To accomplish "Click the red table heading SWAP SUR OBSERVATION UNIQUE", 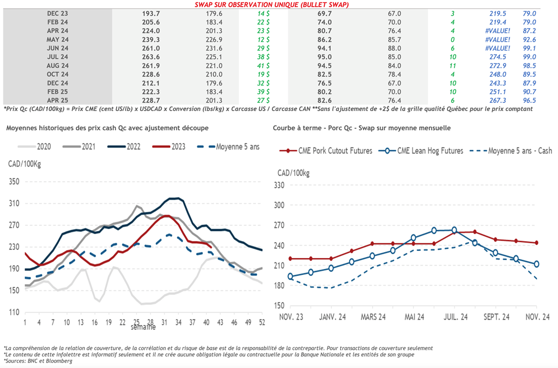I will [272, 4].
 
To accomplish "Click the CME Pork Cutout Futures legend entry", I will [332, 151].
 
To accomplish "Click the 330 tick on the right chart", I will [279, 186].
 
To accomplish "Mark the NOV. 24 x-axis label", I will [537, 317].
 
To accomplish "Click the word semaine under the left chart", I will [143, 327].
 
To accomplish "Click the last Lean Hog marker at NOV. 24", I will [537, 264].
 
